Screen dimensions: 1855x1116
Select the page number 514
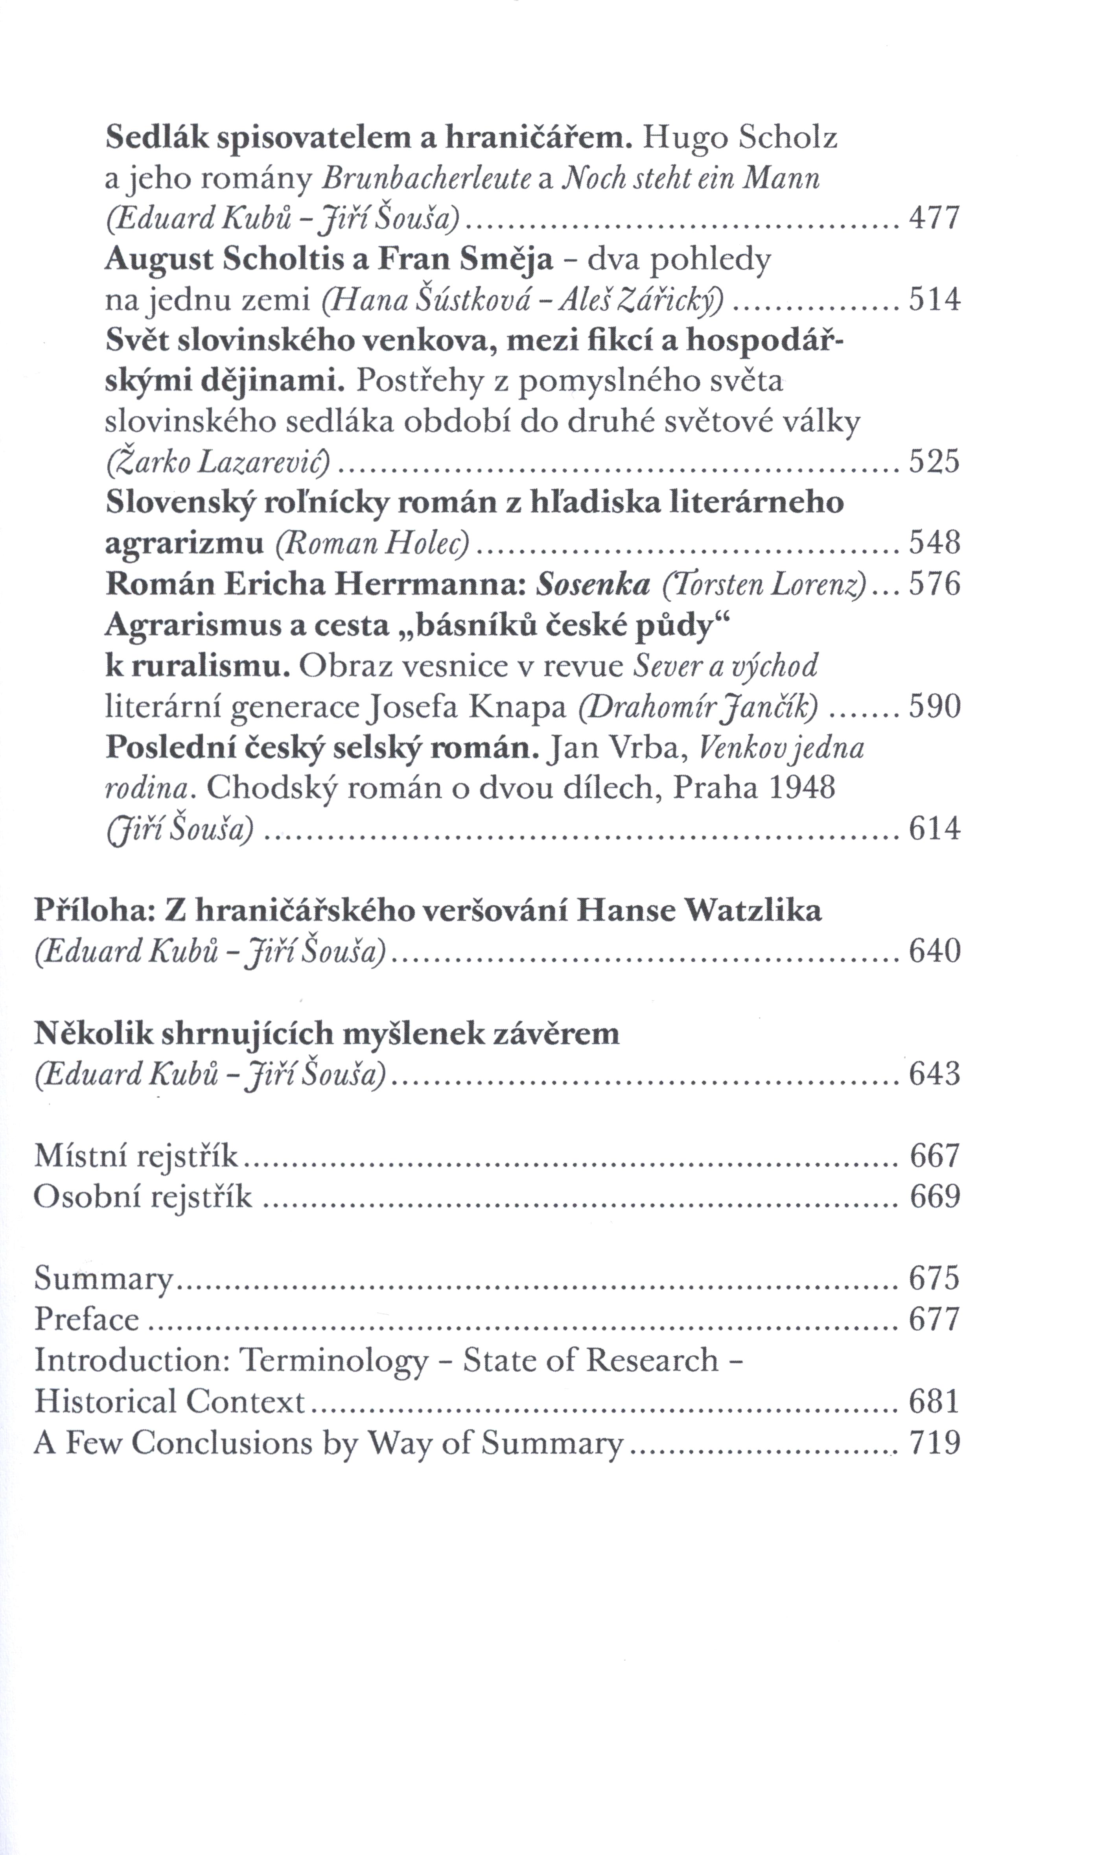935,300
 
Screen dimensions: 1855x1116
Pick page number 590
935,708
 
